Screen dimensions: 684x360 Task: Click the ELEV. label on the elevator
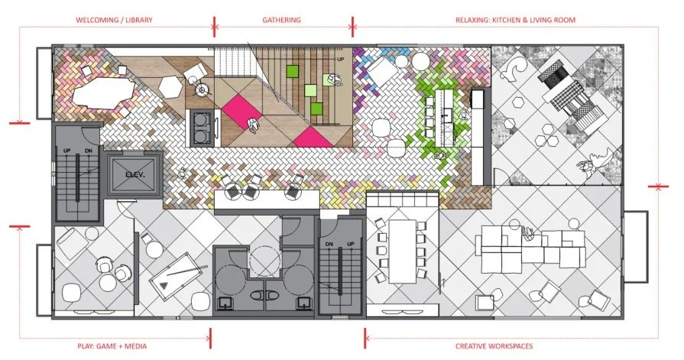(135, 174)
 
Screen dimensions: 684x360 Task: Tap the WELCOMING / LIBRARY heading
(115, 20)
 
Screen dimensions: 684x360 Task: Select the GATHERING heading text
(282, 20)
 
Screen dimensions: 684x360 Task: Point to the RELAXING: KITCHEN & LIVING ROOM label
(515, 20)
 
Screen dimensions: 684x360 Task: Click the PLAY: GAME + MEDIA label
(112, 346)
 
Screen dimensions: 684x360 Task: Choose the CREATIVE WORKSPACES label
(494, 346)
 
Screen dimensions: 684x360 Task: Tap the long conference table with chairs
(402, 251)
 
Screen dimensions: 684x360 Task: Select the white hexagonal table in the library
(170, 87)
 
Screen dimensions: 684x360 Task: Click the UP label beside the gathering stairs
(341, 60)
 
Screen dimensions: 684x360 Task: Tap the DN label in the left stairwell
(89, 151)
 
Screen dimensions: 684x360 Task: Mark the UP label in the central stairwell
(351, 244)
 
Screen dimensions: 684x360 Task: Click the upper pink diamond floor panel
(242, 112)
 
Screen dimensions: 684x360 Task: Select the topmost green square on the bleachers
(292, 71)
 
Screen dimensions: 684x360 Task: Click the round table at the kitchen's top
(420, 61)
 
